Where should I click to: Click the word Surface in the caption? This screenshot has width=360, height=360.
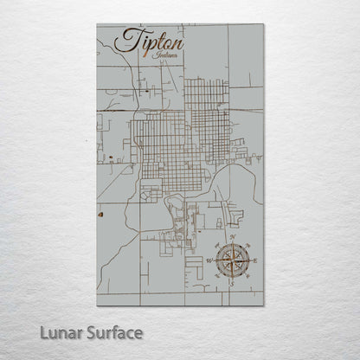tap(112, 331)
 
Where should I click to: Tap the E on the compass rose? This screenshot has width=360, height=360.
tap(257, 260)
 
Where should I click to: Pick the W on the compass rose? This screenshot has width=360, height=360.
tap(208, 260)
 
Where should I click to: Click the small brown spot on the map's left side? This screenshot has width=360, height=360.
tap(101, 210)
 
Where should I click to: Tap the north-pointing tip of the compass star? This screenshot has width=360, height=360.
tap(232, 241)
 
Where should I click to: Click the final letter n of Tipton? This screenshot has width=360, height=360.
tap(178, 42)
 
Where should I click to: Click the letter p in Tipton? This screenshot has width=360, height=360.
tap(149, 43)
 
